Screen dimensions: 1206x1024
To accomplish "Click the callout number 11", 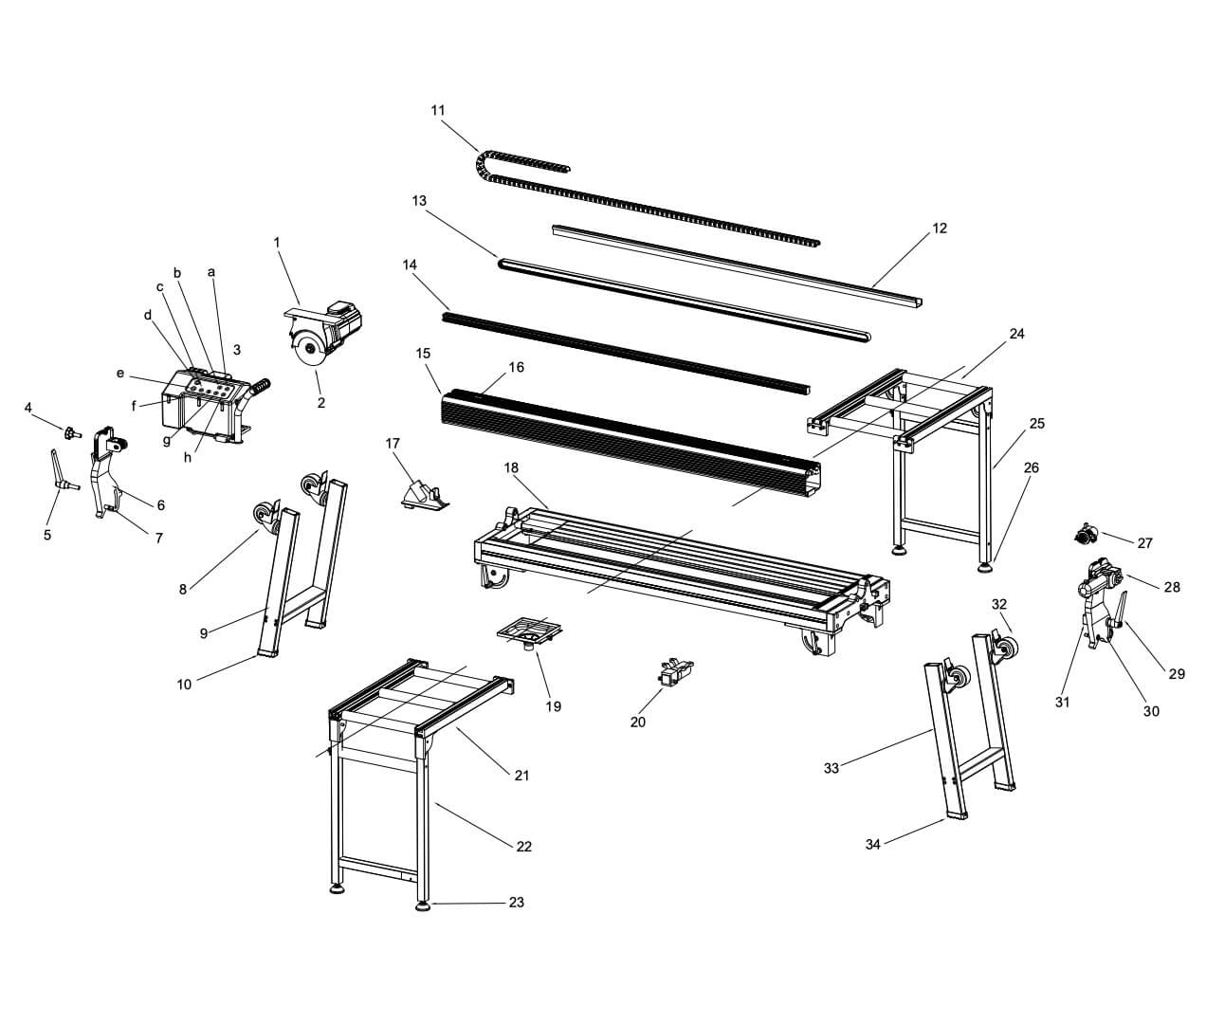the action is tap(438, 110).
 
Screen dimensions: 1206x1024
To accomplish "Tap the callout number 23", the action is tap(517, 902).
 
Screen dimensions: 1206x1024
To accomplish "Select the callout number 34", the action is tap(872, 844).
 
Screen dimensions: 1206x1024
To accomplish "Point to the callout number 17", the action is tap(393, 444).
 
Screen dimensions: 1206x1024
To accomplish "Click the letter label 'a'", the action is tap(211, 272).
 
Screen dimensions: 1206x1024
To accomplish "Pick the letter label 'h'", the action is tap(188, 457).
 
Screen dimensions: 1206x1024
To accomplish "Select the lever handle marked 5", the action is tap(63, 469).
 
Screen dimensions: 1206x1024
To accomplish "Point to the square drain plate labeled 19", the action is tap(529, 631).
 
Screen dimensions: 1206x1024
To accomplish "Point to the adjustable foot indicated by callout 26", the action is tap(985, 565).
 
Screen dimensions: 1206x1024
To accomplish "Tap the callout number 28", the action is tap(1172, 587).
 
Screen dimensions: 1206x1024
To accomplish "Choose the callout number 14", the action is tap(410, 265).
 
